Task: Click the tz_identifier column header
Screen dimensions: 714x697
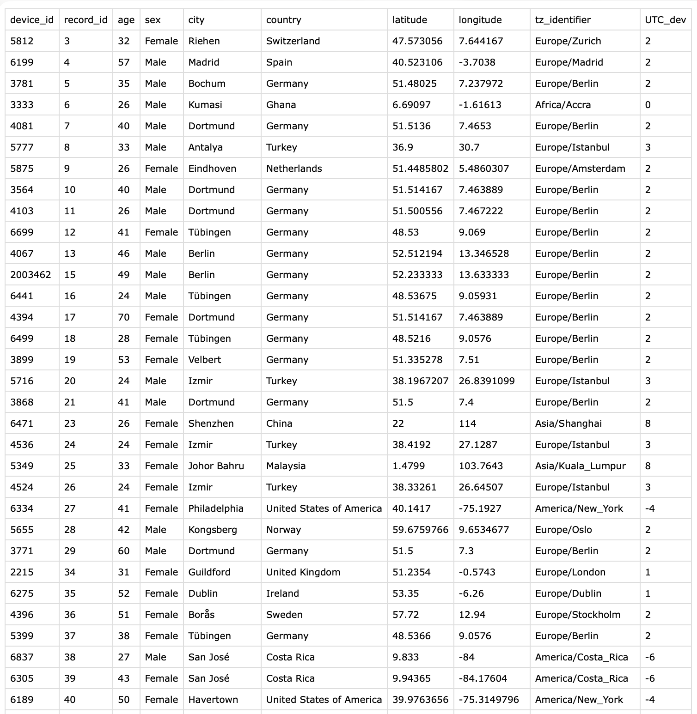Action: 562,20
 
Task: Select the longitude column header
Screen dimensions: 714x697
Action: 480,20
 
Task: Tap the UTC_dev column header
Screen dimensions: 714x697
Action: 665,20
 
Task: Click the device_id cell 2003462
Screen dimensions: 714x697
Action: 31,275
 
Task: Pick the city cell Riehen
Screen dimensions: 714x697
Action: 204,41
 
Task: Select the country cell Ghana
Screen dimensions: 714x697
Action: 281,105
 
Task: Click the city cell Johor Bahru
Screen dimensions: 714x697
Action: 216,466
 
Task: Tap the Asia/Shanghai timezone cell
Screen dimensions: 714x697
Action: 568,424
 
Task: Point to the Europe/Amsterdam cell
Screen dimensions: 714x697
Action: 580,169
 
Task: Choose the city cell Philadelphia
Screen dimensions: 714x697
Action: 215,508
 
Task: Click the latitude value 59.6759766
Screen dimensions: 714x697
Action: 420,530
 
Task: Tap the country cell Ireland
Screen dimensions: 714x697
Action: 282,593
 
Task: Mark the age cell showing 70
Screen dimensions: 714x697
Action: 123,317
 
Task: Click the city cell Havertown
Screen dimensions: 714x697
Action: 213,700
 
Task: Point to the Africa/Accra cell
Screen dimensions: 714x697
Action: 562,105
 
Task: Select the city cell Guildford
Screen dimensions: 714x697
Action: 209,572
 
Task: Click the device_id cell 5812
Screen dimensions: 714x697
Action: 22,41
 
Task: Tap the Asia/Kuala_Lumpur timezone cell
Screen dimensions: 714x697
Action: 580,466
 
